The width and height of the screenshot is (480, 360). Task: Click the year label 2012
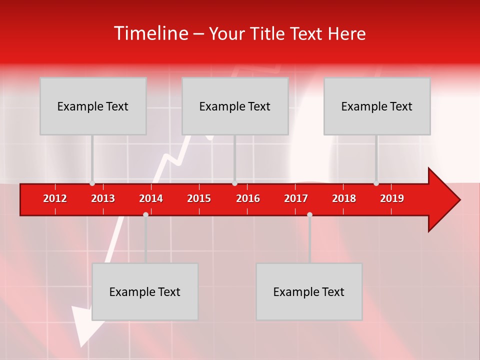[x=55, y=198]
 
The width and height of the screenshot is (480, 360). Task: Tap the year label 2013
[x=103, y=198]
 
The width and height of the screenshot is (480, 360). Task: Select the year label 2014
[x=151, y=198]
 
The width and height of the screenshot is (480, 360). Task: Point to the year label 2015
[x=199, y=198]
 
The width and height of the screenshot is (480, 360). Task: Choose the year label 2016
[x=248, y=198]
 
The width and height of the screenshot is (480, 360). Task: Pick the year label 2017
[x=296, y=198]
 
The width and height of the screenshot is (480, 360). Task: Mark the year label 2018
[x=344, y=198]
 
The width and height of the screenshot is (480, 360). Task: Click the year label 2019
[x=392, y=198]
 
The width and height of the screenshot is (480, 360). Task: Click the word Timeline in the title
[x=151, y=33]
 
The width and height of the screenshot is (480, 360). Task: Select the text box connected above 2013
[x=93, y=106]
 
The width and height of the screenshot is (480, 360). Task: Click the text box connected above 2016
[x=235, y=106]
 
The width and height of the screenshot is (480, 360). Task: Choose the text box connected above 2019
[x=377, y=106]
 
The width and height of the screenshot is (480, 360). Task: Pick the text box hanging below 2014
[x=145, y=291]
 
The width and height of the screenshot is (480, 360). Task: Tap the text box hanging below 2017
[x=309, y=291]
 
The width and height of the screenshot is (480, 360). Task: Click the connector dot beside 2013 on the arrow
[x=92, y=183]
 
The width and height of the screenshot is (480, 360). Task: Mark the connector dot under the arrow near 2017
[x=309, y=214]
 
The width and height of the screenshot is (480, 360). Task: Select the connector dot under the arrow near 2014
[x=145, y=214]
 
